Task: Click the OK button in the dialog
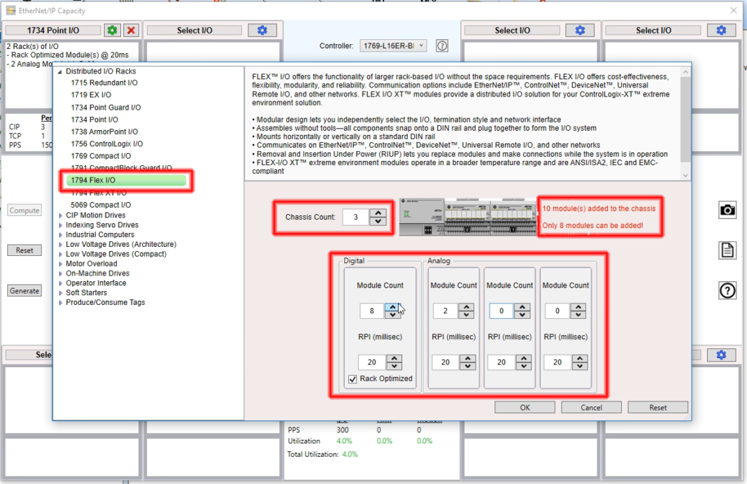point(525,407)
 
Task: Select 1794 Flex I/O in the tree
point(92,180)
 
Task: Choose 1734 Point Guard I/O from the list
point(106,108)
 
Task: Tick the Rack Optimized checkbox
point(353,379)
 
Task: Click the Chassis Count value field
point(355,217)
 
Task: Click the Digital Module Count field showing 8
point(371,311)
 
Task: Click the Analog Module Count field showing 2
point(445,311)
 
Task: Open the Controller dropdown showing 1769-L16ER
point(392,46)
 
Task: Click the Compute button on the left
point(24,211)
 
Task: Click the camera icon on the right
point(727,210)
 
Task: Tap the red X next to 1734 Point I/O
point(131,30)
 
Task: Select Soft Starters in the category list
point(86,292)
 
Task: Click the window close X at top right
point(733,10)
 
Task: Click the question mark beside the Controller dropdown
point(442,46)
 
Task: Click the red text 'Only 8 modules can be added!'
point(592,225)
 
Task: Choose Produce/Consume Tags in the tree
point(105,302)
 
